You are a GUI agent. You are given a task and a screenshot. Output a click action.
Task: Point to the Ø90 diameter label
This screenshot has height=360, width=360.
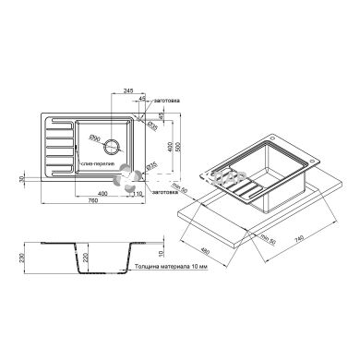pyautogui.click(x=94, y=138)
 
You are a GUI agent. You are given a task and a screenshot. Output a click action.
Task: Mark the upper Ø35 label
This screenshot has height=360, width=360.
pyautogui.click(x=151, y=124)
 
